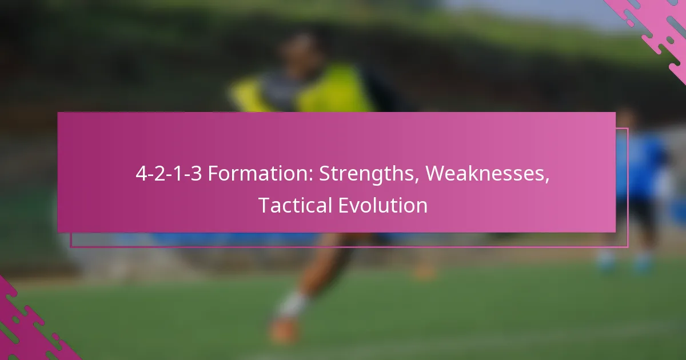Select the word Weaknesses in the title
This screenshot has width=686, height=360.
(486, 173)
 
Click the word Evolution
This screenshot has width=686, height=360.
(383, 205)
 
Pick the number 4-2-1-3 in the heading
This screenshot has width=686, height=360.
(169, 174)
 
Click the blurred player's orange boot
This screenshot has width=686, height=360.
(284, 331)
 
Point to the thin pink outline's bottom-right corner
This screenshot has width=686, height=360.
(628, 246)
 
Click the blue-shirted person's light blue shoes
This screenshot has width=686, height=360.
(625, 263)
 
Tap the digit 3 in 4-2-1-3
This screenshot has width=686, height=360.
(196, 174)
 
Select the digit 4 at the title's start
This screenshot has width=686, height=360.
(142, 174)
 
